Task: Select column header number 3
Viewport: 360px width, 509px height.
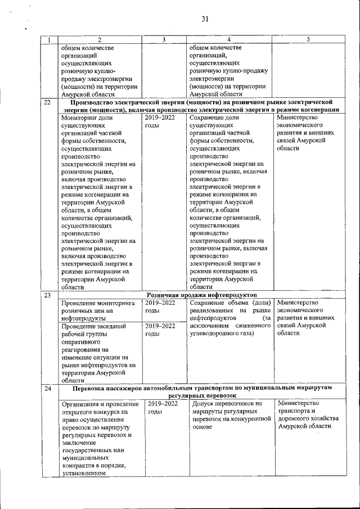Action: (163, 39)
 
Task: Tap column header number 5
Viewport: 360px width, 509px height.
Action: (308, 39)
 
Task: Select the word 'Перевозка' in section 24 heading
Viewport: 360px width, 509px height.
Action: (91, 389)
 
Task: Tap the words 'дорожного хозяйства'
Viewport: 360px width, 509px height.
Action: (308, 418)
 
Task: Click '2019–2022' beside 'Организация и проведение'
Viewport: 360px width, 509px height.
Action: (163, 403)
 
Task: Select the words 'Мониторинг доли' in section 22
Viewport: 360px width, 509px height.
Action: (87, 118)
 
